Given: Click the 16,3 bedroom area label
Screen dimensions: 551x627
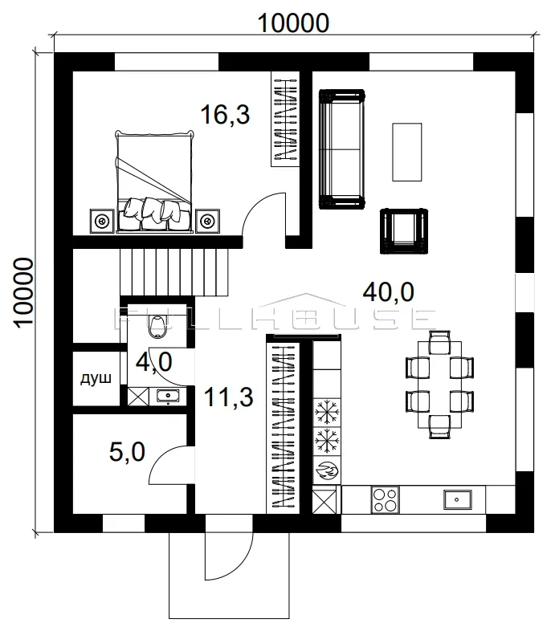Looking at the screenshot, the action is point(225,114).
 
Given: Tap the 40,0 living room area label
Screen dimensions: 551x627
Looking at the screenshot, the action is point(388,291).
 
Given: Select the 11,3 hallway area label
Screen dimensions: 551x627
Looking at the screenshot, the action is point(228,397).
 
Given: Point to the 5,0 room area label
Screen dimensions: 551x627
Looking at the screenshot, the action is point(127,452).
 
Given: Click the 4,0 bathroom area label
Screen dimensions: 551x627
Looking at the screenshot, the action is point(154,362).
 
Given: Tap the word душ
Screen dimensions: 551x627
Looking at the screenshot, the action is point(96,378).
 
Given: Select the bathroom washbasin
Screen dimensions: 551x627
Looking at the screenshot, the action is point(168,396).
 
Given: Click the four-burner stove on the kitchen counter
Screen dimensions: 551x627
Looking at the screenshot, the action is point(385,500).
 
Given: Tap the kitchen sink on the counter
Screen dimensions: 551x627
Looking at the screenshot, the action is point(458,500).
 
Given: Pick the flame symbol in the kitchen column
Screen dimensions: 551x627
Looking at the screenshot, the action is point(327,470).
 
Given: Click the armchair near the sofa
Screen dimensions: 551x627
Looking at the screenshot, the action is point(404,231).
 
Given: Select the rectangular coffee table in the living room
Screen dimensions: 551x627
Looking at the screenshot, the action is point(407,152).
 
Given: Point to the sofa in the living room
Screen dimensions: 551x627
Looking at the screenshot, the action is point(341,149).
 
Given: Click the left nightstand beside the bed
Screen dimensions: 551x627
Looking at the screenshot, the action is point(102,220).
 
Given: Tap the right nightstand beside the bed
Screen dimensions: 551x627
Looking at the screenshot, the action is point(207,220).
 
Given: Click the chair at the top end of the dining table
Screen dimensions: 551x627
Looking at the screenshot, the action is point(439,343).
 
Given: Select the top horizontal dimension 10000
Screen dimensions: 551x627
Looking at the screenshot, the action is point(293,23).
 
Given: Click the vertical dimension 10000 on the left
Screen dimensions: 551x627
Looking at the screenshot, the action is point(23,293).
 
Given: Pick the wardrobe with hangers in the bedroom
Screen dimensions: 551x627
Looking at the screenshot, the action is point(285,119).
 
